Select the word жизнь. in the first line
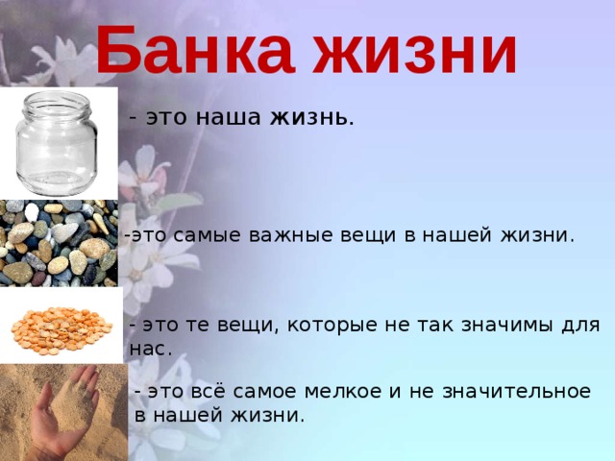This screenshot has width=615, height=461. [312, 117]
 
